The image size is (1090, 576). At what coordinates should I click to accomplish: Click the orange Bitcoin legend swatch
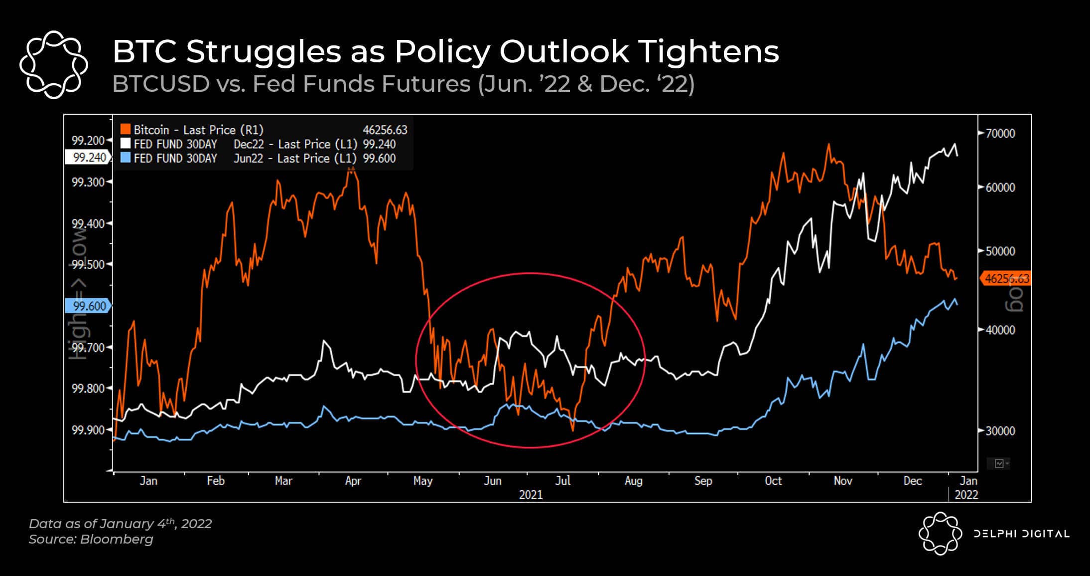[x=126, y=130]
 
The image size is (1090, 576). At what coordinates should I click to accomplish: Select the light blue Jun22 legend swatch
[x=126, y=158]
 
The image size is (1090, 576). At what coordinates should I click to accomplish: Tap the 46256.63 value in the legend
[x=385, y=130]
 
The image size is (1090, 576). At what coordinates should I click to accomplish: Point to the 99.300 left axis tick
[x=88, y=182]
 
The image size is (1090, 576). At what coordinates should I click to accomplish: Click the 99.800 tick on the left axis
[x=88, y=388]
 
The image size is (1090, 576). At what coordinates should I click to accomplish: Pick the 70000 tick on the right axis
[x=1000, y=134]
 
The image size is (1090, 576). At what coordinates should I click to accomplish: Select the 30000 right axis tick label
[x=1000, y=431]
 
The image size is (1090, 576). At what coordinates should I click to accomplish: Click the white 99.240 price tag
[x=88, y=158]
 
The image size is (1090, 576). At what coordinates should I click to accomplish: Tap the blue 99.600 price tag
[x=88, y=306]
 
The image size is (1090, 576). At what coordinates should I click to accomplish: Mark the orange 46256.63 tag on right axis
[x=1006, y=279]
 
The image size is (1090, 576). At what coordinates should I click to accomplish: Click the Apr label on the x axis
[x=353, y=481]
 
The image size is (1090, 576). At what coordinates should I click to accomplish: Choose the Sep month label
[x=703, y=481]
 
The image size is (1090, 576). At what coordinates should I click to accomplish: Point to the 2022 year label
[x=966, y=495]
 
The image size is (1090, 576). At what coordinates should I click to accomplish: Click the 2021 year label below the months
[x=531, y=495]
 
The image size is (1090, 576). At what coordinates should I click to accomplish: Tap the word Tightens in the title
[x=708, y=51]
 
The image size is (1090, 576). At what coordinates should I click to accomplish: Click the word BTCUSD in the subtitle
[x=161, y=84]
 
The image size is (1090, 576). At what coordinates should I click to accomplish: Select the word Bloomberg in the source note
[x=117, y=539]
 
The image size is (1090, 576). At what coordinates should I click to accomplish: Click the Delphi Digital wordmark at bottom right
[x=1021, y=534]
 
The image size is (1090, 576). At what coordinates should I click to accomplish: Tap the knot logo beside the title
[x=54, y=64]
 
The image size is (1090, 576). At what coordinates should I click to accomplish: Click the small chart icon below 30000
[x=999, y=464]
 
